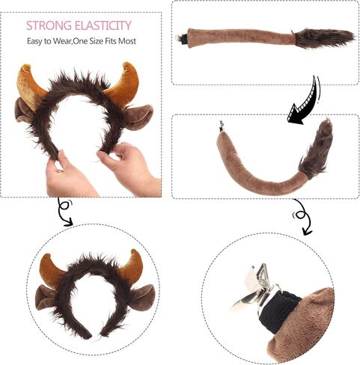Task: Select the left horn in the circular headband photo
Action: pyautogui.click(x=52, y=271)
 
